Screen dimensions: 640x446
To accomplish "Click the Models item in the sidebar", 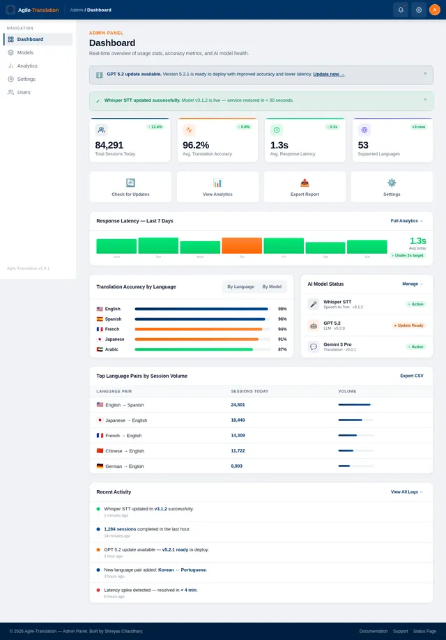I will pos(25,52).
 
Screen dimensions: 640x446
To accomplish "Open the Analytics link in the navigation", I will pos(27,66).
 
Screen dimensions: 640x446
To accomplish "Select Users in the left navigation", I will pos(24,92).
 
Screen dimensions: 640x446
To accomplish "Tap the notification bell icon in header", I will pos(401,10).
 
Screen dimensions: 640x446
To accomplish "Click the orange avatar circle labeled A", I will pos(434,10).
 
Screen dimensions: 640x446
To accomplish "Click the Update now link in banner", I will pos(328,74).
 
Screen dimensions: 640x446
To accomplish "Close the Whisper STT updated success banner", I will pos(425,100).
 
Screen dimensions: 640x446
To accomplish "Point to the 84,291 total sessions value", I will pos(109,145).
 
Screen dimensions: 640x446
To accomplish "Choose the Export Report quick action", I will pos(305,187).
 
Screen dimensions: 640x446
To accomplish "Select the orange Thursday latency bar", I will pos(242,245).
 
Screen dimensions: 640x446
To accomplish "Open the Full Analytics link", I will pos(406,221).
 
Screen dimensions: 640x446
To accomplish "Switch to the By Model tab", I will pos(272,287).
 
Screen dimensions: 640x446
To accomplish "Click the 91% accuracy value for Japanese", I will pos(282,339).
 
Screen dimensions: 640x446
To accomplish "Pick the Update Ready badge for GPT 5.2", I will pos(408,326).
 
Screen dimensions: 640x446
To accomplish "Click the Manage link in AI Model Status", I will pos(412,284).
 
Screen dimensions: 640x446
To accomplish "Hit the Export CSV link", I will pos(411,376).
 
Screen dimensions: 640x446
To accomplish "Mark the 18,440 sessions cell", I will pos(238,420).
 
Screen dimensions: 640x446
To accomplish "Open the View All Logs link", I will pos(406,492).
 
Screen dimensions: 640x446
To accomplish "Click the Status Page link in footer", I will pos(424,631).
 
